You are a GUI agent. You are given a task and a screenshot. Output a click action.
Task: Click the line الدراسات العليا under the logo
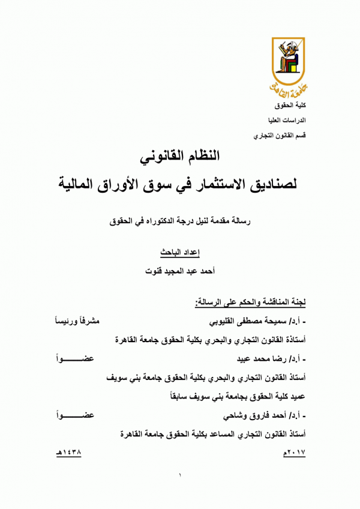(290, 120)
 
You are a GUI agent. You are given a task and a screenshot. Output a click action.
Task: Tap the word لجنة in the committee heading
(296, 302)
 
